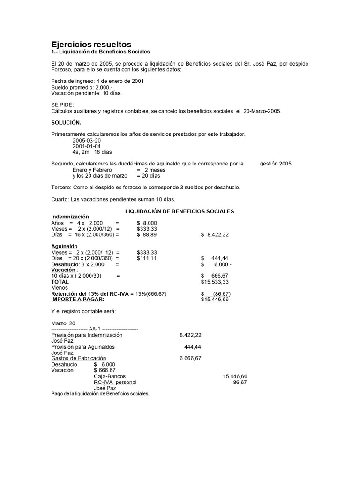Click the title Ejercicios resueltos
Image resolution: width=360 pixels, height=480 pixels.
click(91, 44)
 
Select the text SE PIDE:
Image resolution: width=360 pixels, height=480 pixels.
click(62, 105)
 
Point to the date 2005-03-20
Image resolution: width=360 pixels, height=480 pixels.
click(87, 141)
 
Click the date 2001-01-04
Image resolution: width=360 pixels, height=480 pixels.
click(87, 146)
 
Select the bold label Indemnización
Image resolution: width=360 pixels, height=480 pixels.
click(69, 217)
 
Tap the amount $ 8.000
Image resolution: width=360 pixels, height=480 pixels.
click(147, 223)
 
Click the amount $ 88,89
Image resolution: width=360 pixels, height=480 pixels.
click(147, 234)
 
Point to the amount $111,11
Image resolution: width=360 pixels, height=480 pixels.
click(147, 258)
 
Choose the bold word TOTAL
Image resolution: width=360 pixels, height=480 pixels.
click(60, 282)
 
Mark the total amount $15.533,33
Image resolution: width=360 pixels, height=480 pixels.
click(215, 282)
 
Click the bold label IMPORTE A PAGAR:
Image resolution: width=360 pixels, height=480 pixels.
click(78, 299)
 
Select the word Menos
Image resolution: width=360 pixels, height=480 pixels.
click(60, 288)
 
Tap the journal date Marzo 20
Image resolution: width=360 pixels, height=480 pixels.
click(63, 323)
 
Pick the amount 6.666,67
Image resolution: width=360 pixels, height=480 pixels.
click(190, 359)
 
